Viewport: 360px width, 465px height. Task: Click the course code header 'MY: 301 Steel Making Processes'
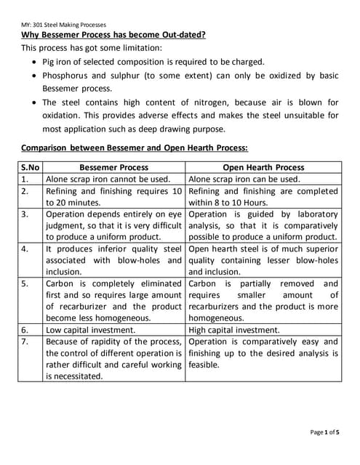tap(65, 25)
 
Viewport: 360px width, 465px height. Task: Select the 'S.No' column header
tap(31, 166)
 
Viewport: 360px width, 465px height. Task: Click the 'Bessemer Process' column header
tap(113, 166)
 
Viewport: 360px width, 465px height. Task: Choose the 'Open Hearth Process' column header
tap(263, 166)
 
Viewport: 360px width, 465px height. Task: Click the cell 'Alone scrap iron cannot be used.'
tap(108, 179)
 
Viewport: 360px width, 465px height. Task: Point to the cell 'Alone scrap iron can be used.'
tap(244, 179)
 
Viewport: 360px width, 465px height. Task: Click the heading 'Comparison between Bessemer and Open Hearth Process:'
tap(135, 147)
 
